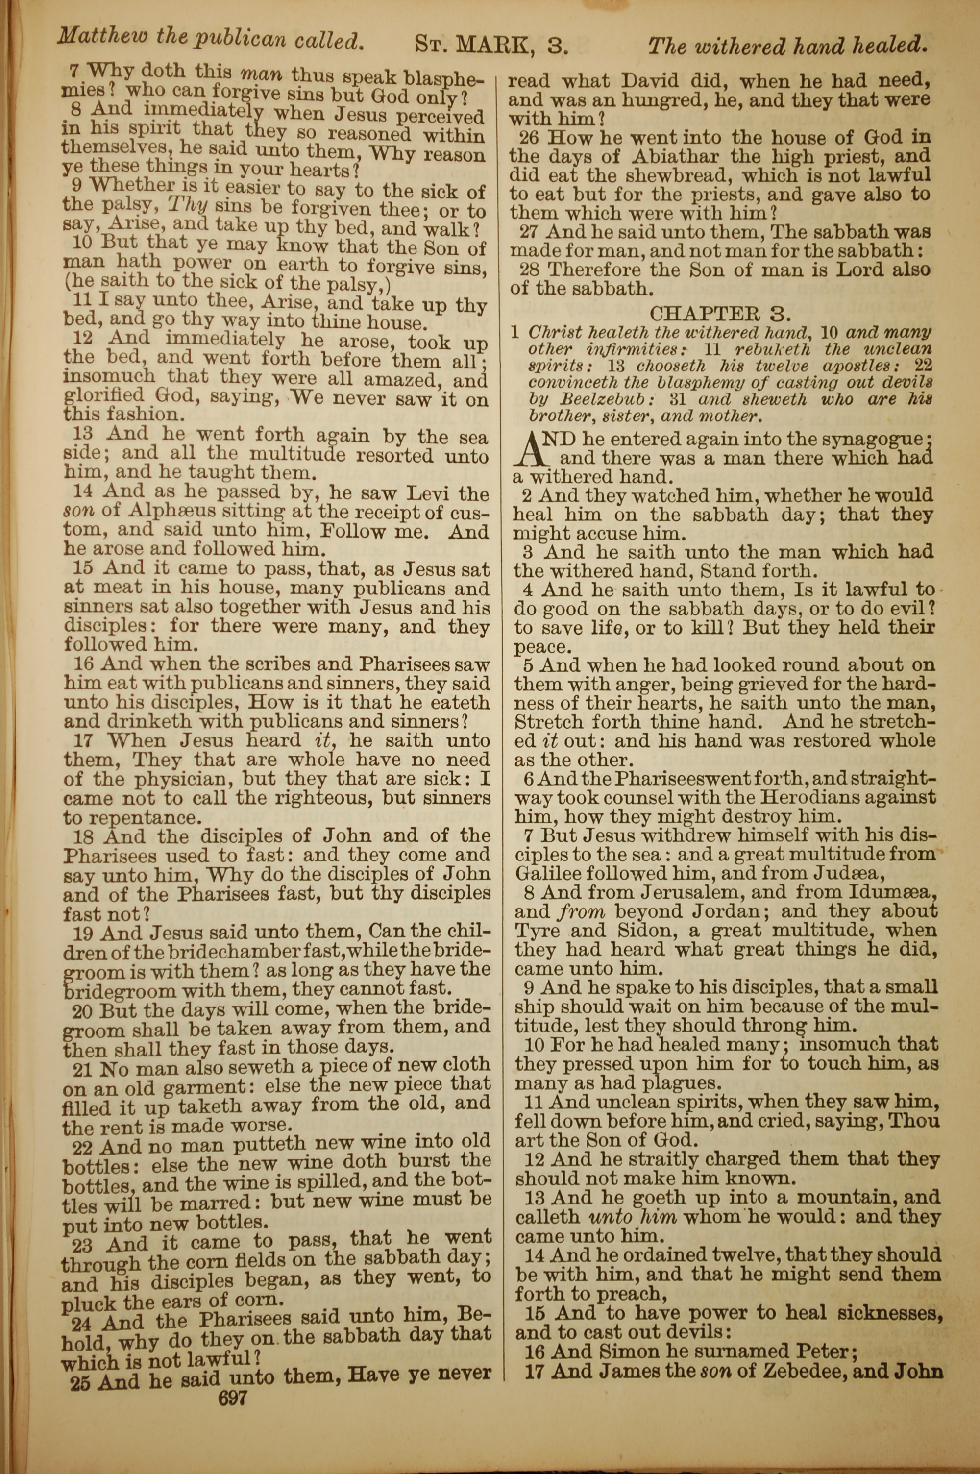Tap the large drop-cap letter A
[528, 451]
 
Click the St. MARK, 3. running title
[491, 45]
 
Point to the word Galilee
[548, 874]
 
